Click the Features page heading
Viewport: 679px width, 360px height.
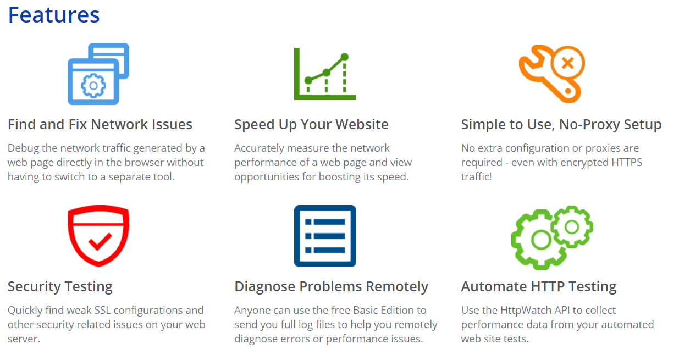click(53, 15)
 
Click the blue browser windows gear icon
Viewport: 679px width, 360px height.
click(98, 74)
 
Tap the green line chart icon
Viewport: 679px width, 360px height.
click(325, 74)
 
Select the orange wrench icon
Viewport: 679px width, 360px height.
click(551, 74)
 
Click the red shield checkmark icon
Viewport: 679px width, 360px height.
click(98, 236)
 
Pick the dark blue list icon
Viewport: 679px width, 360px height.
click(325, 236)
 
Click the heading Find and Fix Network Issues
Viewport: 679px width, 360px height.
click(100, 125)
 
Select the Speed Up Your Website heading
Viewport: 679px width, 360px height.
click(311, 125)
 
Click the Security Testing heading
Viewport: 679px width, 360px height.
click(60, 287)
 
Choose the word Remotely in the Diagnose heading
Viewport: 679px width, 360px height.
click(397, 287)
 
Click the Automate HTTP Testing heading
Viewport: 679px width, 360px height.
click(538, 287)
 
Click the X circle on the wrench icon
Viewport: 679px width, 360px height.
click(568, 63)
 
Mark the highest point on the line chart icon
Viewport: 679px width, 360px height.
click(345, 57)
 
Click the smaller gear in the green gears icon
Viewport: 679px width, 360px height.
click(572, 226)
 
